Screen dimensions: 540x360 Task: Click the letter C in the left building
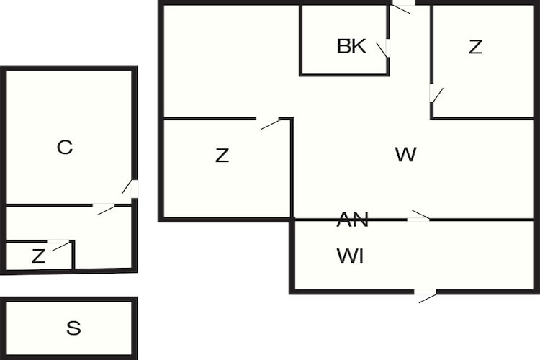coord(65,147)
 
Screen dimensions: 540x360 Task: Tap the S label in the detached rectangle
coord(73,328)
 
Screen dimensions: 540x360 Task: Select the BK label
coord(351,46)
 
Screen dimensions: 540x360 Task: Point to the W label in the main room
coord(406,154)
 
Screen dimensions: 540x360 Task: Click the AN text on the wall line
coord(353,220)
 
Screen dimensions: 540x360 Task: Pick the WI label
coord(350,256)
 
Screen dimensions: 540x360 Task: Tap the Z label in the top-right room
coord(476,47)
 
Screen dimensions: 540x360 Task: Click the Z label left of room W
coord(222,155)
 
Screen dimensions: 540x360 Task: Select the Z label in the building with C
coord(38,256)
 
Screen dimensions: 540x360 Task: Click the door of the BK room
coord(384,48)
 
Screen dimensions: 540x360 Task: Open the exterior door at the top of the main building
coord(403,7)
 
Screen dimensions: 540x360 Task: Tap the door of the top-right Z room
coord(436,94)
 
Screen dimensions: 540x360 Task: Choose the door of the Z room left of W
coord(270,123)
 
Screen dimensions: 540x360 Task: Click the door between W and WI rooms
coord(419,216)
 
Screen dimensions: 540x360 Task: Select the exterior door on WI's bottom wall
coord(426,296)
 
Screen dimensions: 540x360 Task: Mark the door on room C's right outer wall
coord(130,188)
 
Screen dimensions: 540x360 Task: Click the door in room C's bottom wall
coord(104,208)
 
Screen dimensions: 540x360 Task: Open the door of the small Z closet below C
coord(60,244)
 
